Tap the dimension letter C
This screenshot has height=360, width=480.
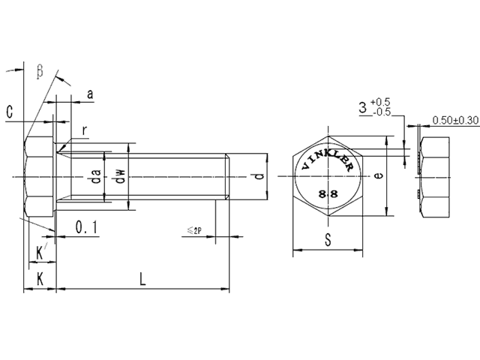[x=9, y=112]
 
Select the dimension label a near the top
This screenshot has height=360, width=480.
[x=90, y=94]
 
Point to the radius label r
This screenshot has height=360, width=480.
[x=85, y=130]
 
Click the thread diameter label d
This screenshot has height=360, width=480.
[x=257, y=177]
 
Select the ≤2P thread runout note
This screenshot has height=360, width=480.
[x=194, y=231]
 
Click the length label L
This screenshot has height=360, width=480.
[x=142, y=278]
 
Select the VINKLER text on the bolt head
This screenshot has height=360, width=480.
[x=327, y=159]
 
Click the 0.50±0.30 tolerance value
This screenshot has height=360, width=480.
[x=456, y=120]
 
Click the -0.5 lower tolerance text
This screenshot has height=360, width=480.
[x=380, y=112]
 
